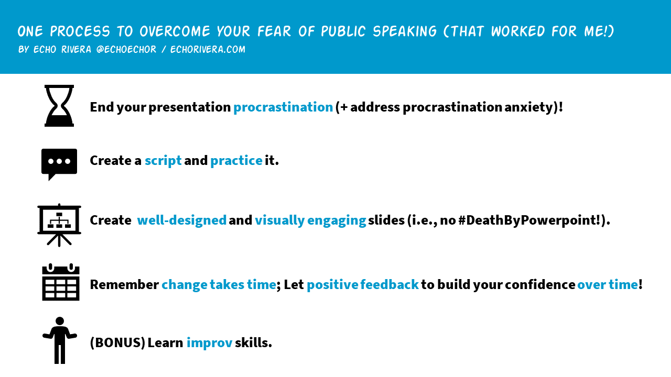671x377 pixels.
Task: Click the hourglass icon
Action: (59, 106)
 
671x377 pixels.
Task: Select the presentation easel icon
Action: (59, 225)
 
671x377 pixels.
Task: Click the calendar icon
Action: (60, 282)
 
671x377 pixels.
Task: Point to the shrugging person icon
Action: (60, 340)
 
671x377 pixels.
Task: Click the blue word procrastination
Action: (283, 107)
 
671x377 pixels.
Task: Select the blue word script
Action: (163, 161)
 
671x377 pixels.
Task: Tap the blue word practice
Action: (236, 161)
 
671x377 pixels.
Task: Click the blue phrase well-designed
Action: (181, 220)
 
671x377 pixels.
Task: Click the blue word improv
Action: (209, 342)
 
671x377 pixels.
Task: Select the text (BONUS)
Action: (117, 342)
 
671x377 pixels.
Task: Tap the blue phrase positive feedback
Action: (362, 284)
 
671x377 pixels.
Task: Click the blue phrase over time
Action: (608, 284)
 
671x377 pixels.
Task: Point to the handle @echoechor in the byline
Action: (126, 49)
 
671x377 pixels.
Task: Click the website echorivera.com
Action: (208, 49)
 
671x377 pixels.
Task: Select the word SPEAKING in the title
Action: (405, 31)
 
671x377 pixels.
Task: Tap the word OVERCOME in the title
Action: (175, 31)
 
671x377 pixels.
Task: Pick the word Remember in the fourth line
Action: (124, 284)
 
